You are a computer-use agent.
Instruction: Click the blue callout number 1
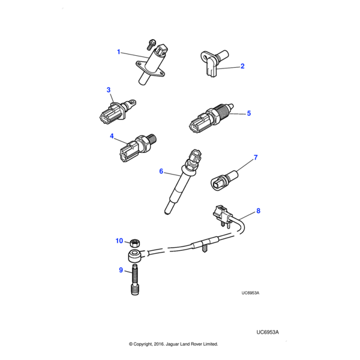tap(119, 52)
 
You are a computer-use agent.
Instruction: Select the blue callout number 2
tap(242, 67)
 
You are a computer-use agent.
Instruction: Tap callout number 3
tap(109, 90)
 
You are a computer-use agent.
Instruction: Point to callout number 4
tap(112, 136)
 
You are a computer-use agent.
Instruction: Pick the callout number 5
tap(248, 113)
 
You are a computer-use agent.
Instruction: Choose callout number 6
tap(161, 172)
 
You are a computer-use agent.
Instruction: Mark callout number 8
tap(258, 211)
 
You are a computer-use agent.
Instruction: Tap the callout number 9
tap(120, 271)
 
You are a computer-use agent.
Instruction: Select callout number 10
tap(119, 241)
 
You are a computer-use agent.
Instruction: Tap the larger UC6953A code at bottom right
tap(268, 332)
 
